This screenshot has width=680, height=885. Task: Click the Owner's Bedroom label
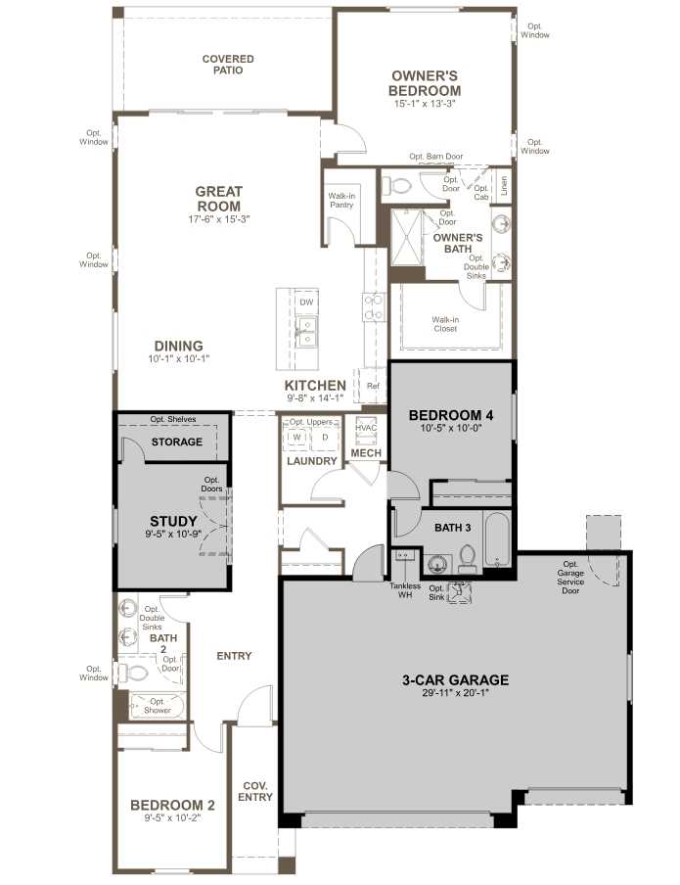pyautogui.click(x=426, y=82)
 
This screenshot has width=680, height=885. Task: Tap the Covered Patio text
pyautogui.click(x=228, y=66)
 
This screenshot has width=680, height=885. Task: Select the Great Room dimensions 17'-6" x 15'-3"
pyautogui.click(x=218, y=220)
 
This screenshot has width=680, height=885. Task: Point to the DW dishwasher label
pyautogui.click(x=306, y=303)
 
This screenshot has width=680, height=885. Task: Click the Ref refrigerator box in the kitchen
pyautogui.click(x=372, y=385)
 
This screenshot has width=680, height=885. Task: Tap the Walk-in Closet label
pyautogui.click(x=445, y=323)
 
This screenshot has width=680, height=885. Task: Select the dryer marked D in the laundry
pyautogui.click(x=325, y=437)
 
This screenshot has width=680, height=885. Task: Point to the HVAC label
pyautogui.click(x=366, y=428)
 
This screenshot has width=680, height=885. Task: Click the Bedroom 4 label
pyautogui.click(x=450, y=415)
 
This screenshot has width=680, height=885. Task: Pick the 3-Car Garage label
pyautogui.click(x=455, y=679)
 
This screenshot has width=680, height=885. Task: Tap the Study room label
pyautogui.click(x=173, y=521)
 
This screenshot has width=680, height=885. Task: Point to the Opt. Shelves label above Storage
pyautogui.click(x=173, y=419)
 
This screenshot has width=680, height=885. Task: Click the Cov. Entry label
pyautogui.click(x=255, y=791)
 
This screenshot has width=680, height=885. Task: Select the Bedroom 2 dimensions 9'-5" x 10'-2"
pyautogui.click(x=171, y=818)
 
